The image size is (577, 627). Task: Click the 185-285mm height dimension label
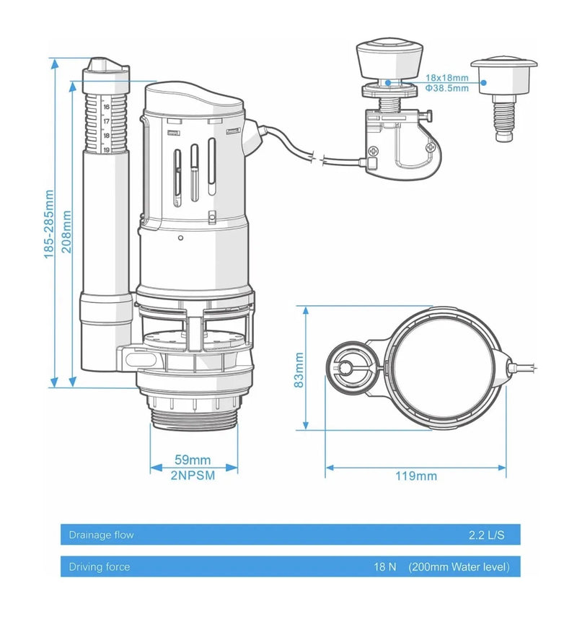tap(49, 224)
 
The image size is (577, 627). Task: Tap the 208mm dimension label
tap(67, 232)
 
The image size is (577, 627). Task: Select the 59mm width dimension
tap(193, 460)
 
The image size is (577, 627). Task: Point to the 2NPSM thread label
tap(193, 475)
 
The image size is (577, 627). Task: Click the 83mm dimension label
tap(299, 370)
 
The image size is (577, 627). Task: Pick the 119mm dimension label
tap(416, 476)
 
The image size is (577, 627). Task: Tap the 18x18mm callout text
tap(446, 78)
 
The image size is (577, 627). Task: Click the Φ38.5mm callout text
tap(446, 88)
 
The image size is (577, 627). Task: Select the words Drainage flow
tap(101, 535)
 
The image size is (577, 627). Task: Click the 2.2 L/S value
tap(487, 535)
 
